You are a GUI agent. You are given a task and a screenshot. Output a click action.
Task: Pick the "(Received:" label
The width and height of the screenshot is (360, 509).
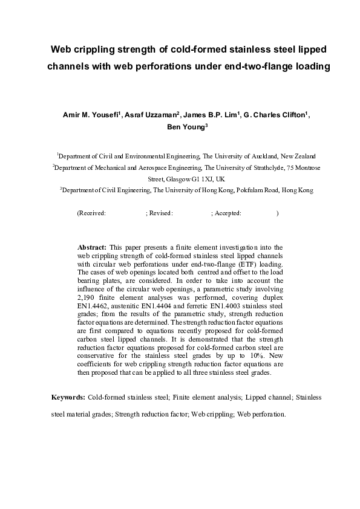click(92, 213)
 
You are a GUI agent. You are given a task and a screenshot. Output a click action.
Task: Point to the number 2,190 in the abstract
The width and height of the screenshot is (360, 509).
click(88, 298)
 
